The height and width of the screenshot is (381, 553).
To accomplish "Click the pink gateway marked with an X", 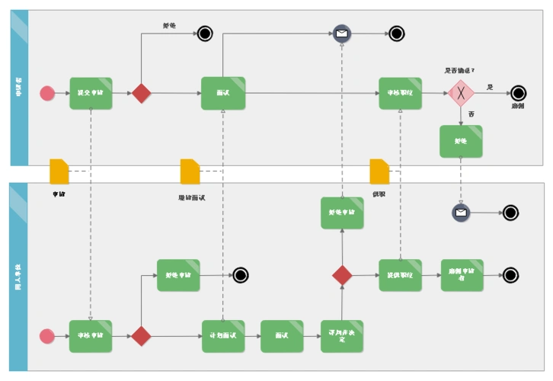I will pyautogui.click(x=461, y=93).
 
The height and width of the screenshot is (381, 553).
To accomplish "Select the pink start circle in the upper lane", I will pyautogui.click(x=47, y=93).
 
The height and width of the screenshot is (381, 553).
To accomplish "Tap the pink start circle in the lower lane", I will pyautogui.click(x=47, y=336).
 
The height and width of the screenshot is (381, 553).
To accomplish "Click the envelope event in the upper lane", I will pyautogui.click(x=342, y=34).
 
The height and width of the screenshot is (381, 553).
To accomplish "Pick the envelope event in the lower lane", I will pyautogui.click(x=461, y=213).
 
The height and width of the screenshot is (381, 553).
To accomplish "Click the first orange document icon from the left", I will pyautogui.click(x=59, y=171).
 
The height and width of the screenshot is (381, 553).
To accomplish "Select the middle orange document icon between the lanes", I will pyautogui.click(x=190, y=171).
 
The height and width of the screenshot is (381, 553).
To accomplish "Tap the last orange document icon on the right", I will pyautogui.click(x=379, y=171).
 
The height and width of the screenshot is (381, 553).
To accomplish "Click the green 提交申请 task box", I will pyautogui.click(x=91, y=93).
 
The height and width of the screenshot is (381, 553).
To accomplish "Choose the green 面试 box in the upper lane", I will pyautogui.click(x=222, y=93).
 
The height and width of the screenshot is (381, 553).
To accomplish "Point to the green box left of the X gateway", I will pyautogui.click(x=400, y=93).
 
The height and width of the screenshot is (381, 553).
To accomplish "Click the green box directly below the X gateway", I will pyautogui.click(x=461, y=141).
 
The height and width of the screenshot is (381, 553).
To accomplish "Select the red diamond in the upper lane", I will pyautogui.click(x=141, y=93).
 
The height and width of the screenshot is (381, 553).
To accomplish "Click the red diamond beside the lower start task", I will pyautogui.click(x=141, y=336).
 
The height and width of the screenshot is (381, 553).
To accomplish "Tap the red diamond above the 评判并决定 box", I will pyautogui.click(x=342, y=274).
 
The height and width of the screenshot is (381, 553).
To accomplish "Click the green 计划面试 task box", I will pyautogui.click(x=222, y=336).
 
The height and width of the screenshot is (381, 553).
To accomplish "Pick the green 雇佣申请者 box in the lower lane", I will pyautogui.click(x=462, y=274).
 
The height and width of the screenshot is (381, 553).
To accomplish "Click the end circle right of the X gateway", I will pyautogui.click(x=519, y=93).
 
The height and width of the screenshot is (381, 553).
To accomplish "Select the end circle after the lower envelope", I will pyautogui.click(x=510, y=213).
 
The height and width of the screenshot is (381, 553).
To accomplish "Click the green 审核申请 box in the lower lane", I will pyautogui.click(x=91, y=336).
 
